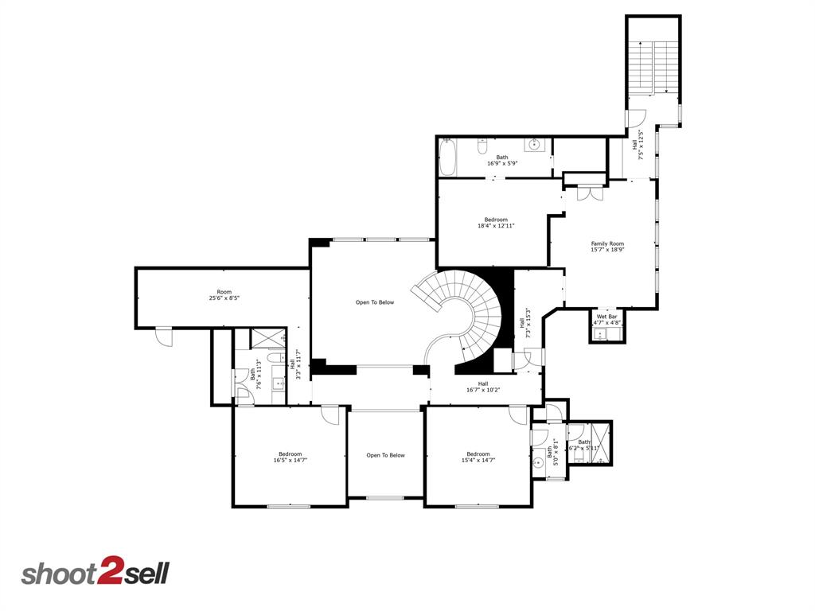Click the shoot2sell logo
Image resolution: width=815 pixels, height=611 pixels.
(x=95, y=574)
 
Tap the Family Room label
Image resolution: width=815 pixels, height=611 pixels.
(x=606, y=243)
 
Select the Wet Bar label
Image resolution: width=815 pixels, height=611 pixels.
(x=608, y=317)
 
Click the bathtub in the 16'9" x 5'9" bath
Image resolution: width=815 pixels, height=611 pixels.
(x=446, y=158)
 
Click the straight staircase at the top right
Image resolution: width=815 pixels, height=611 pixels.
(x=653, y=68)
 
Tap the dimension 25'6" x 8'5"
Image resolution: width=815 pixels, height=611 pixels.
(x=224, y=299)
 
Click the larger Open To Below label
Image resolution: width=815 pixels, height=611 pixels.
(x=374, y=302)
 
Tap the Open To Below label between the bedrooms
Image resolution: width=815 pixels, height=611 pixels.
(x=385, y=456)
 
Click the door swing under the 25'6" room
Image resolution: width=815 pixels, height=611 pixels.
(x=164, y=337)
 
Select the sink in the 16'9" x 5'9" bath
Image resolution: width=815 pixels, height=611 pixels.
(x=535, y=146)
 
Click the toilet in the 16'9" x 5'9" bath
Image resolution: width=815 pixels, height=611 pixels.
(x=482, y=146)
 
